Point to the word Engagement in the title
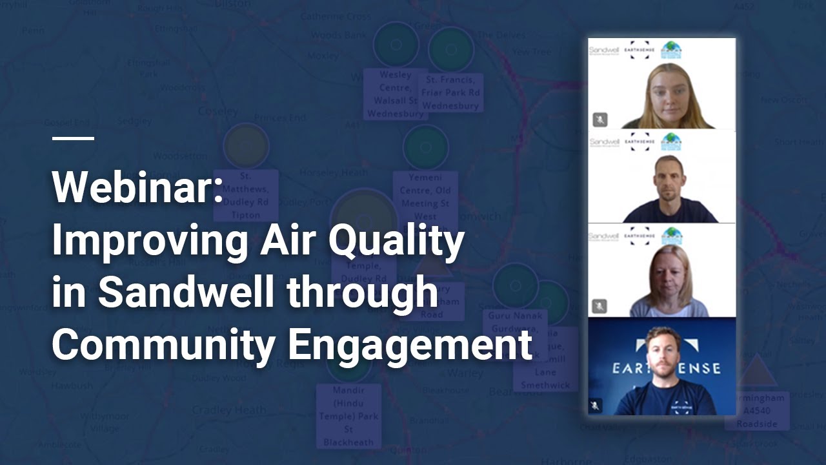(410, 346)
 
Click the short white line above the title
(73, 138)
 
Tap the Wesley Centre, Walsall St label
(395, 94)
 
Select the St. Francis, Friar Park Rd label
(451, 92)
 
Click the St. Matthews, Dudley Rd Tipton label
(245, 195)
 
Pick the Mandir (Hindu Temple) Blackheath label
(348, 416)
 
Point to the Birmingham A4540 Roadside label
(756, 411)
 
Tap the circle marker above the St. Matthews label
(246, 147)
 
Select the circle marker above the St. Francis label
(451, 50)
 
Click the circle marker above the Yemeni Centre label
(425, 148)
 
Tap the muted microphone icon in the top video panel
(600, 119)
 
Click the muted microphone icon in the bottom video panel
(595, 406)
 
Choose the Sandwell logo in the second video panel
(604, 141)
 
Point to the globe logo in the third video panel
(671, 234)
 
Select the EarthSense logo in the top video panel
(640, 50)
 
